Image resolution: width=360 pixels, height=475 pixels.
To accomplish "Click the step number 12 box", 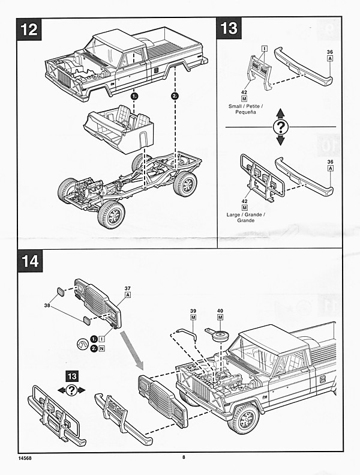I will point(29,30).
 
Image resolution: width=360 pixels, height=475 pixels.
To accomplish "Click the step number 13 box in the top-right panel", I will point(230,28).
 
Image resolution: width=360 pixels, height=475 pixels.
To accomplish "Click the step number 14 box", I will point(29,261).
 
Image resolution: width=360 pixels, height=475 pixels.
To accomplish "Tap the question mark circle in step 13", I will point(280,127).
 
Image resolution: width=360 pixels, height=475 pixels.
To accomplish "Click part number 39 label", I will point(194,310).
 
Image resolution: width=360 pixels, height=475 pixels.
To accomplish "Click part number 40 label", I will point(220,310).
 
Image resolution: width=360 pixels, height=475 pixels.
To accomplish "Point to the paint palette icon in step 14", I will point(82,344).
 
